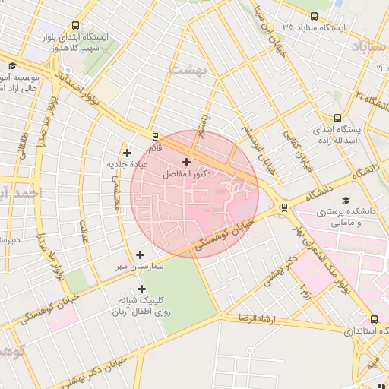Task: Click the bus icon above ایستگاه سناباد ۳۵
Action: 315,16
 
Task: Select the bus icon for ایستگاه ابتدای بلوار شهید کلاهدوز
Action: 73,25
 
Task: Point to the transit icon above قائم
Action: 155,137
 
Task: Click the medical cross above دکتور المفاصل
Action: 187,162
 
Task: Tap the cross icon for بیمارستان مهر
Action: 140,255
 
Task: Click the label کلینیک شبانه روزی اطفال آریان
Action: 142,305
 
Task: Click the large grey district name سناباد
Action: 370,46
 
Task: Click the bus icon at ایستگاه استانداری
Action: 373,319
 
